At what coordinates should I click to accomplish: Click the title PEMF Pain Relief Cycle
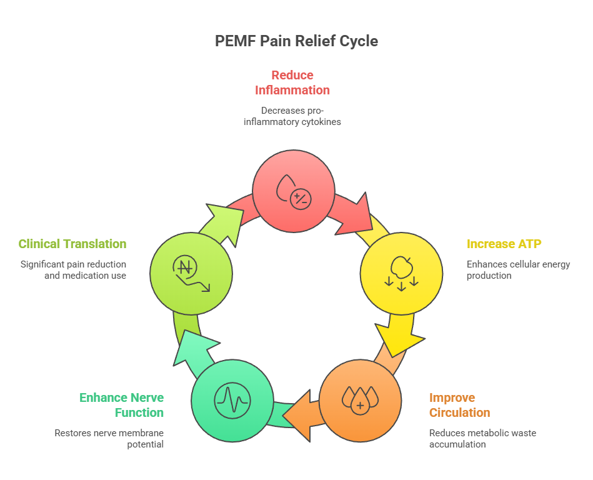(296, 41)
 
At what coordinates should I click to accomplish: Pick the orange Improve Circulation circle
(360, 401)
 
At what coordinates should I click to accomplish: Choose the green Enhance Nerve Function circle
(232, 401)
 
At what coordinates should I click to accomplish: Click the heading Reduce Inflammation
(292, 82)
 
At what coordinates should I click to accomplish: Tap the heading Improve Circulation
(459, 405)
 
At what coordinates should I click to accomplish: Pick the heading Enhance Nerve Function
(121, 405)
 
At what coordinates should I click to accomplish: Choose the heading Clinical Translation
(72, 244)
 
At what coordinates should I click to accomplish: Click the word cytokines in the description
(321, 122)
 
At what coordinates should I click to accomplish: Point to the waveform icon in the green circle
(232, 401)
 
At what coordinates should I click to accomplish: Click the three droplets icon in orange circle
(360, 399)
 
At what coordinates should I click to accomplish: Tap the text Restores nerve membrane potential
(109, 438)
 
